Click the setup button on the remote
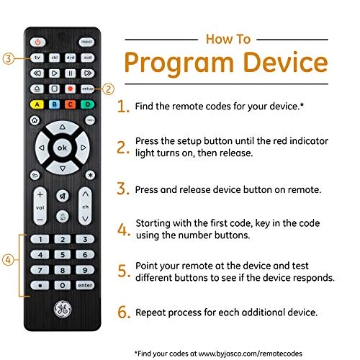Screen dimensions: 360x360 pyautogui.click(x=86, y=88)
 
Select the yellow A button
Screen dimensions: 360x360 pyautogui.click(x=37, y=104)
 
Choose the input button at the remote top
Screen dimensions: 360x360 pyautogui.click(x=86, y=42)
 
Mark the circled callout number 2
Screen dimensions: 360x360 pyautogui.click(x=109, y=89)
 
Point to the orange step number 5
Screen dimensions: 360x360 pyautogui.click(x=125, y=272)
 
